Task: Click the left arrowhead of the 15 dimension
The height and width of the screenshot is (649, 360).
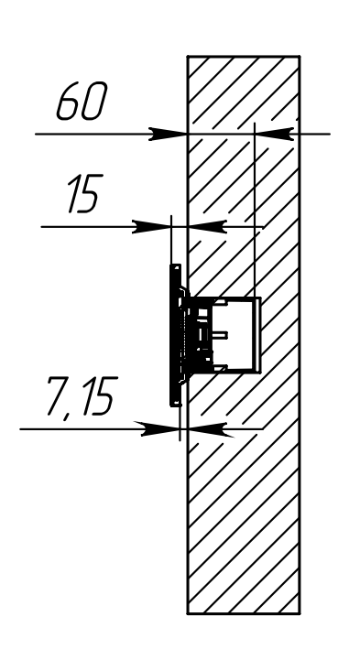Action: [x=154, y=225]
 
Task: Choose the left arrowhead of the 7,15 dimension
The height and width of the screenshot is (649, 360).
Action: [x=161, y=427]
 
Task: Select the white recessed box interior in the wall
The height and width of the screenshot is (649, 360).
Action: [x=240, y=335]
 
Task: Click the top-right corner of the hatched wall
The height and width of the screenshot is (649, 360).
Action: [x=300, y=57]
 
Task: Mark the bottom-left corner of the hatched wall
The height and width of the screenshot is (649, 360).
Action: [x=188, y=612]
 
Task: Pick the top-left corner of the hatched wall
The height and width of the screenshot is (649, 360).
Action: [x=188, y=57]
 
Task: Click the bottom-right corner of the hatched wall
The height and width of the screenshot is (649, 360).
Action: [x=300, y=612]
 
